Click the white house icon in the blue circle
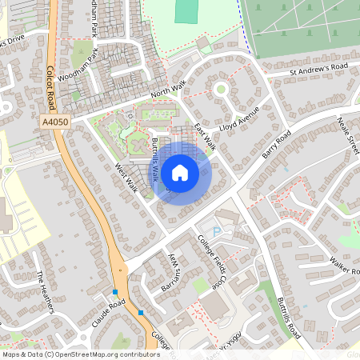click(180, 172)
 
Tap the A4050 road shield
click(52, 122)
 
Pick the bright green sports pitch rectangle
click(186, 11)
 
